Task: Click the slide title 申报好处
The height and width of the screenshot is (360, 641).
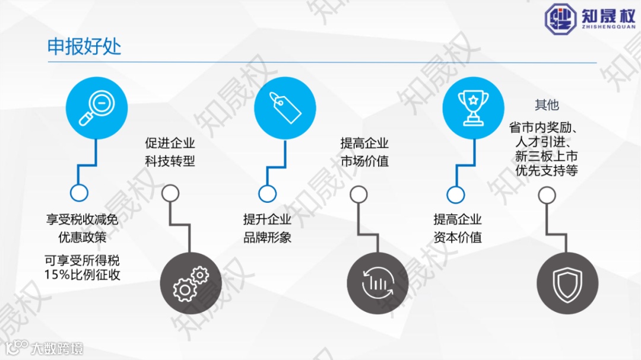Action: [84, 47]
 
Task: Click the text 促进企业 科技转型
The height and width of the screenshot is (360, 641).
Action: [170, 152]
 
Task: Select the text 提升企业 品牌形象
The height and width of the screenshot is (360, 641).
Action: [267, 228]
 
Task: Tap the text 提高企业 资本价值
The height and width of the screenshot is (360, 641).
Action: [458, 228]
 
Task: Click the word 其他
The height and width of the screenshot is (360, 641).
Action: [547, 105]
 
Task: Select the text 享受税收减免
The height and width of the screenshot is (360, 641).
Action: [82, 220]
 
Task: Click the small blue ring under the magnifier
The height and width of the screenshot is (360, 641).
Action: [79, 193]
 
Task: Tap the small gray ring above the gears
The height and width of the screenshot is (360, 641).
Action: [171, 193]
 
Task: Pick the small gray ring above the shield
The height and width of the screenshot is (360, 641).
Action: [547, 194]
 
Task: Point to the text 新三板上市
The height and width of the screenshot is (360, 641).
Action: [546, 157]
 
